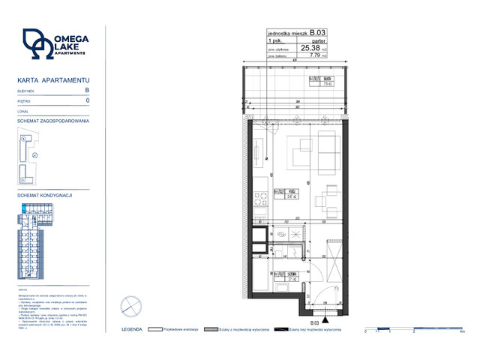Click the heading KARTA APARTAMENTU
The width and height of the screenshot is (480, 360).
pos(53,79)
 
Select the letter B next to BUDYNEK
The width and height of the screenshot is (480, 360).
pos(87,89)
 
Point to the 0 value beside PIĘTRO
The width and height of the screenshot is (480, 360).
pos(88,100)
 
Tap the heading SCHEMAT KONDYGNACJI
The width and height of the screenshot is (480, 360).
pos(43,195)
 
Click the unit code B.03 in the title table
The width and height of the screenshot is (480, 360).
pos(317,33)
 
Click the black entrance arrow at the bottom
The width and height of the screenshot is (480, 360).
pos(325,305)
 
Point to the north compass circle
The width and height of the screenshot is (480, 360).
pos(130,307)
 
